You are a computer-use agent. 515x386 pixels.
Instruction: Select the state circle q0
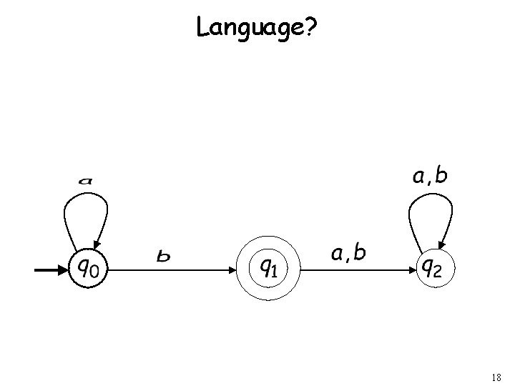point(88,269)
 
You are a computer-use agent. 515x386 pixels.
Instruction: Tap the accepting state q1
point(268,269)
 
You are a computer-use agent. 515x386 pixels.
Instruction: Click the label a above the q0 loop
point(85,180)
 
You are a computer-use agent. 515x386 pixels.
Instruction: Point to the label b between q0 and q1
point(164,255)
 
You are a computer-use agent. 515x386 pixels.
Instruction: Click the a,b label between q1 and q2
point(349,252)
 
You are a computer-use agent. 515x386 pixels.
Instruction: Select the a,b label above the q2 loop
point(429,176)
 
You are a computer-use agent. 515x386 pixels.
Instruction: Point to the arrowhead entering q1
point(232,270)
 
